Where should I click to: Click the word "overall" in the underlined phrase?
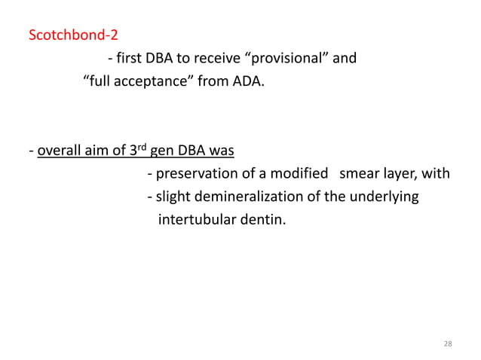point(58,151)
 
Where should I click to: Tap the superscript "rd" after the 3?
point(138,147)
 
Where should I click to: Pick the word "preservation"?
point(193,174)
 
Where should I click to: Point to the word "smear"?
point(359,174)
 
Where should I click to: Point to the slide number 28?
point(448,343)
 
